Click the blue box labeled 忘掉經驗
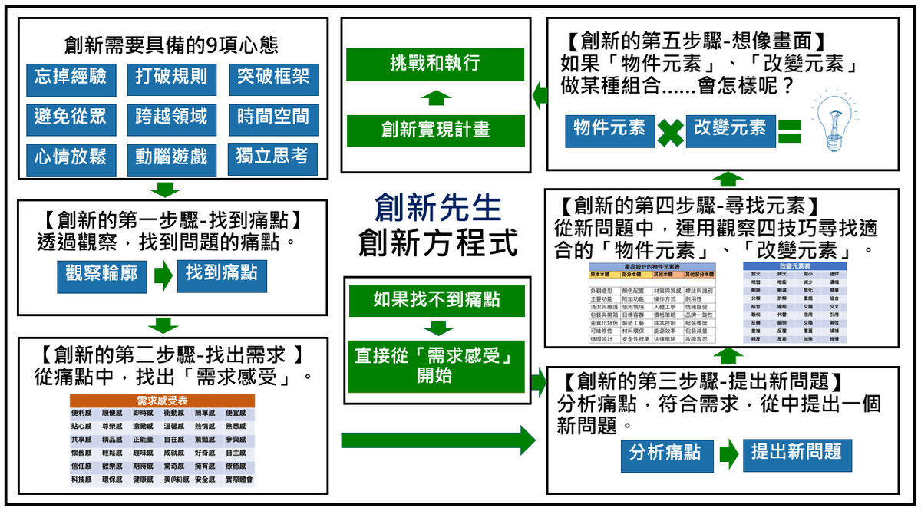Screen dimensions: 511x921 click(x=71, y=78)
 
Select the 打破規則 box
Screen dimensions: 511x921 click(x=170, y=78)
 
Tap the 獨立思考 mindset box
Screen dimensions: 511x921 click(x=272, y=158)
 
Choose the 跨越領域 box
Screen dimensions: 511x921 click(x=170, y=118)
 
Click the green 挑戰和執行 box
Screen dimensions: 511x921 click(x=434, y=64)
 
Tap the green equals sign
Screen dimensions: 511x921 click(x=788, y=130)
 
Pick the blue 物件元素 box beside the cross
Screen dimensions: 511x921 click(x=610, y=130)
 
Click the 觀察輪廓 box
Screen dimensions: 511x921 click(x=101, y=275)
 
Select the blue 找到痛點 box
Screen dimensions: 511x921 click(x=221, y=275)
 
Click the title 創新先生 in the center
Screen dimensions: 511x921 click(x=437, y=208)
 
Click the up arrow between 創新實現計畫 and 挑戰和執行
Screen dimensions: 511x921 click(x=436, y=97)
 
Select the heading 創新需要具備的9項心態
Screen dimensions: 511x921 click(x=171, y=45)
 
